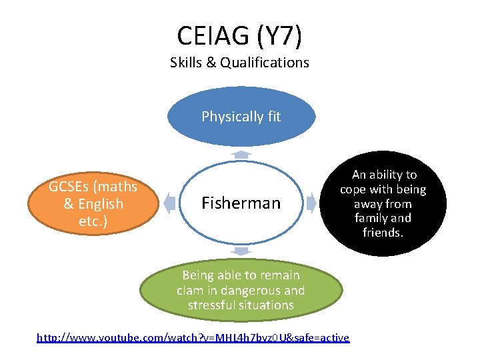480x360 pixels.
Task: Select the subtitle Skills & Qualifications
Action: coord(239,63)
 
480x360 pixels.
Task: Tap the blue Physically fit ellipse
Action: coord(241,117)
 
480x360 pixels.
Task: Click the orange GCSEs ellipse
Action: coord(93,204)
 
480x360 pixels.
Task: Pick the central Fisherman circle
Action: coord(241,202)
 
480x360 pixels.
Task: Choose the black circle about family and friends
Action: coord(383,203)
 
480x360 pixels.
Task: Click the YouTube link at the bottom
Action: coord(193,338)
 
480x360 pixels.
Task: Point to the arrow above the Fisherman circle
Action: coord(241,154)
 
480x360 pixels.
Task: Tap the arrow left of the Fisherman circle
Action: coord(170,202)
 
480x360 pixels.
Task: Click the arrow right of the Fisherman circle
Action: coord(311,202)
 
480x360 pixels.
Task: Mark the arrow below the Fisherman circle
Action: coord(241,251)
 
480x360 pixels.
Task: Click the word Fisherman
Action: coord(241,203)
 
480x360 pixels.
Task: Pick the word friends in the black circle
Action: coord(383,233)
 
